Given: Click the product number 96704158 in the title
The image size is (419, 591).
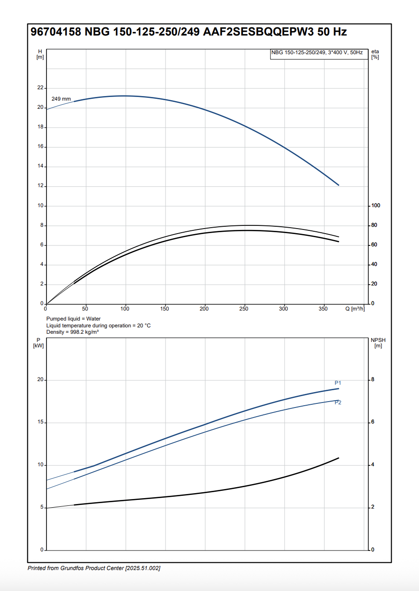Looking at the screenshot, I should (56, 32).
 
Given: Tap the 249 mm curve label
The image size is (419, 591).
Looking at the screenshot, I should (61, 99).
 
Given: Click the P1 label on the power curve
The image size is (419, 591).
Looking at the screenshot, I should (338, 383).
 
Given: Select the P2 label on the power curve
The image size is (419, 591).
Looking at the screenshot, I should (338, 402).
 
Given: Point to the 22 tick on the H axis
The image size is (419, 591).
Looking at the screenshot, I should (40, 88).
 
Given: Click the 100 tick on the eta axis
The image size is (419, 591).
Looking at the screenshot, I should (376, 206).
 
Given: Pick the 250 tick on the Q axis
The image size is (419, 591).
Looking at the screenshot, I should (244, 309).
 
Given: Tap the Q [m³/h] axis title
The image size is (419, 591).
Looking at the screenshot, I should (354, 309).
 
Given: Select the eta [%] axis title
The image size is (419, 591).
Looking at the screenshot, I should (375, 54).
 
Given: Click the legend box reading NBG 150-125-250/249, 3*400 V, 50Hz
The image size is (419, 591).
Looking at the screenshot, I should (317, 53).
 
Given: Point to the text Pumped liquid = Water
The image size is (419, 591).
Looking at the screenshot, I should (73, 319).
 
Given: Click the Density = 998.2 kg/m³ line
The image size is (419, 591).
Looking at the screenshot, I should (72, 332).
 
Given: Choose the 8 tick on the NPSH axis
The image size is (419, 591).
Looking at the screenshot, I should (372, 380).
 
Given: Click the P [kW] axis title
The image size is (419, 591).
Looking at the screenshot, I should (38, 343).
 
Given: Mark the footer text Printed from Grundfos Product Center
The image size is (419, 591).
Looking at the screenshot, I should (93, 568).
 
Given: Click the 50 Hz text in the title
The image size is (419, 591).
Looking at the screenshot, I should (335, 32).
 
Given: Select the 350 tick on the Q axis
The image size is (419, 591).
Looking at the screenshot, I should (323, 309).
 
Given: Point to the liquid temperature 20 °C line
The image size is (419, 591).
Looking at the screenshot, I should (98, 326).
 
